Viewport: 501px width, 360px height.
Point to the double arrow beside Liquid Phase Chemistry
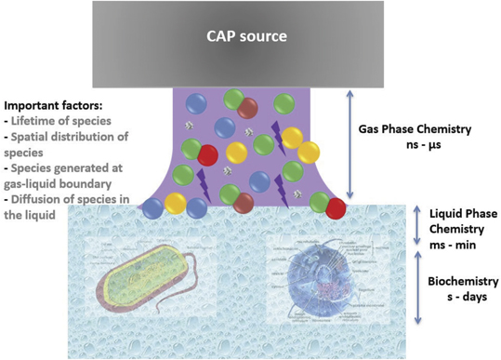point(416,227)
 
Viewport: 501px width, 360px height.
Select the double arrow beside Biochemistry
point(416,288)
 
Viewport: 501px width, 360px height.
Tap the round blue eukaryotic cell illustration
point(306,279)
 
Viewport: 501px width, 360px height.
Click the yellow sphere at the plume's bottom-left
point(174,201)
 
